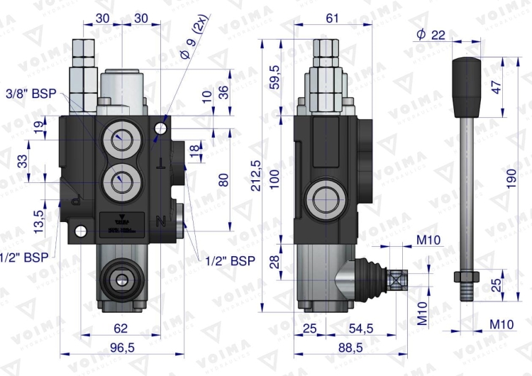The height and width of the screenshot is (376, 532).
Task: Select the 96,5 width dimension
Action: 122,348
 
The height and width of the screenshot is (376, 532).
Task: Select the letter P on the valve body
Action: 77,201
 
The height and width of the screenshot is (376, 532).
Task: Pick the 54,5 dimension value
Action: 362,328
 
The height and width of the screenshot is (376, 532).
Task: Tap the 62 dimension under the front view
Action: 121,328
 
